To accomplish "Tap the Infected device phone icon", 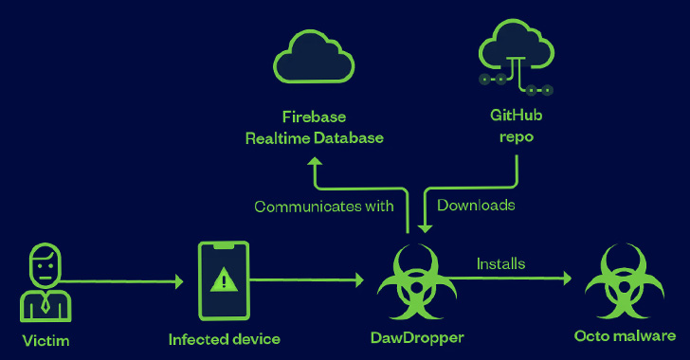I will point(225,279).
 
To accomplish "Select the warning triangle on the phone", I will point(225,279).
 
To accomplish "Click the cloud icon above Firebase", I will point(314,56).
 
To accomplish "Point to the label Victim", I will point(47,338).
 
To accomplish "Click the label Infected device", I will point(225,338).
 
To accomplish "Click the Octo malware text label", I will point(626,336).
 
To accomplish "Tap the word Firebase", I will point(314,117).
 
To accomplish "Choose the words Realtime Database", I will point(314,137).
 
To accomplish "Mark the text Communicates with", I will point(323,207).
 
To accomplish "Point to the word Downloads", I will point(476,206).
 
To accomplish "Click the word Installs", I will point(500,263).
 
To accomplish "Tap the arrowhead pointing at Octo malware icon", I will point(567,279).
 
